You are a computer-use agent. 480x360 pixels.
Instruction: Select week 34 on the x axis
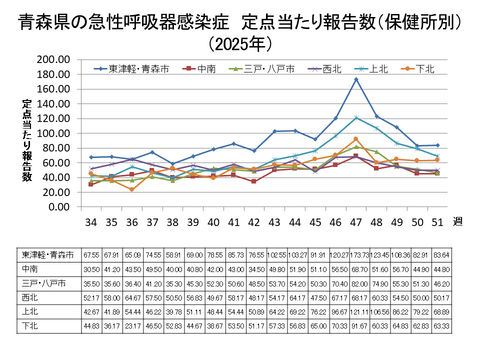[x=92, y=220]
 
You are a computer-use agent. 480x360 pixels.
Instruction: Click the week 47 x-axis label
[x=356, y=220]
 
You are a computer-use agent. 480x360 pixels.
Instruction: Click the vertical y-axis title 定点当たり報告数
[x=27, y=140]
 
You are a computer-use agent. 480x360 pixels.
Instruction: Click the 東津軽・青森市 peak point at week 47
[x=356, y=79]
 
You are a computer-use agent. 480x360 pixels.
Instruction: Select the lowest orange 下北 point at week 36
[x=132, y=189]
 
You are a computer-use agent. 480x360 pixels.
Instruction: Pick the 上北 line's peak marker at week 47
[x=356, y=117]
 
